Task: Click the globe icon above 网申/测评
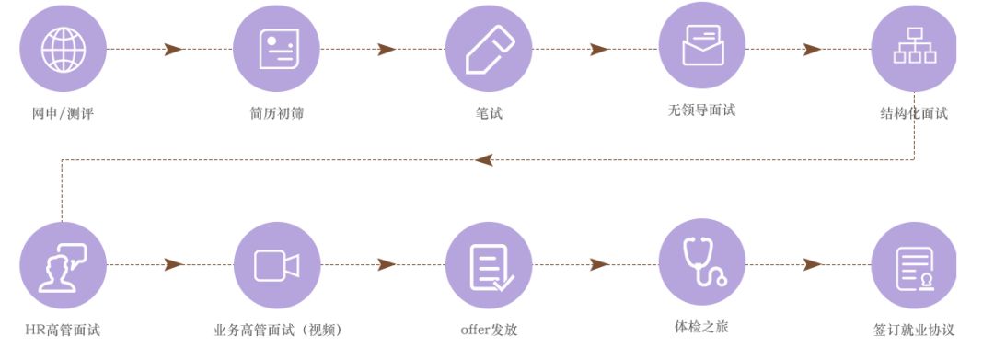click(63, 49)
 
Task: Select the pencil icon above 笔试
click(489, 49)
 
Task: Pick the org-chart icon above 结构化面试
click(914, 49)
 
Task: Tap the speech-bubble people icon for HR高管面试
click(63, 265)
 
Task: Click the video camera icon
click(276, 265)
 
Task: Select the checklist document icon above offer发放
click(489, 265)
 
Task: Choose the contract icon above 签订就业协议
click(914, 265)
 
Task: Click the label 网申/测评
click(63, 114)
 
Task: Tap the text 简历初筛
click(276, 114)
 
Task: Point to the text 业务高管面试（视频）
click(277, 330)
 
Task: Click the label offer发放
click(489, 330)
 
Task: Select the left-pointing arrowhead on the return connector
click(484, 160)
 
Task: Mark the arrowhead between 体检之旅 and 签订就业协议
click(812, 265)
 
